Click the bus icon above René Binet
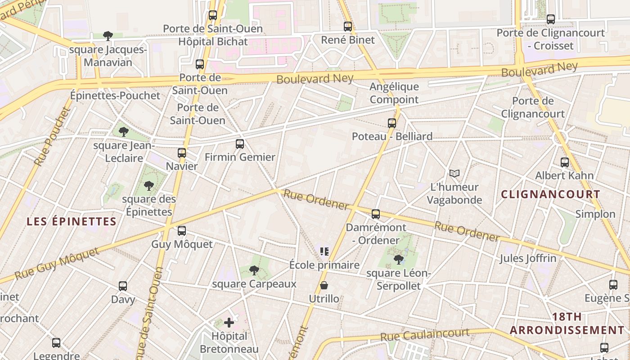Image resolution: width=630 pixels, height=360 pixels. click(x=347, y=27)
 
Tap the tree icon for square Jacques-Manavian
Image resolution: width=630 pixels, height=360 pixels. click(x=108, y=36)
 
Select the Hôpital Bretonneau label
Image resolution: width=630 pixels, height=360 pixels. click(x=229, y=342)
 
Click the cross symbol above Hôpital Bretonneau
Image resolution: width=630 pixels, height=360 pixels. click(x=229, y=322)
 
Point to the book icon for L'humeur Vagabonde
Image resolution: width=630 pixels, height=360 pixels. click(x=454, y=173)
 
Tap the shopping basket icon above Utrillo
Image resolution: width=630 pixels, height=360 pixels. click(x=324, y=285)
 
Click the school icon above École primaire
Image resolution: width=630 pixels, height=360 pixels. click(x=324, y=251)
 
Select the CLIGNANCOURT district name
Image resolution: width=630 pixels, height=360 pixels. click(x=550, y=194)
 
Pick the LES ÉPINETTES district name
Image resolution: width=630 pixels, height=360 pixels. click(x=72, y=221)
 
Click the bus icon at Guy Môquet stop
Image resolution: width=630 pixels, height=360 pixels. click(x=182, y=231)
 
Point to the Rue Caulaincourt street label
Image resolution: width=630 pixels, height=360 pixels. click(x=425, y=335)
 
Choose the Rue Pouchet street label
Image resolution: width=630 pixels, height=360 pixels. click(x=52, y=136)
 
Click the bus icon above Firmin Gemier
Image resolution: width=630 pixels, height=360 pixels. click(x=240, y=144)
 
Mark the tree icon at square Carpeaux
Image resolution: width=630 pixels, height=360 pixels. click(x=254, y=270)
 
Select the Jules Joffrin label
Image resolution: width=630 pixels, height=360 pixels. click(x=528, y=258)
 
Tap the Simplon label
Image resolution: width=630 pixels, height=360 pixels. click(x=595, y=214)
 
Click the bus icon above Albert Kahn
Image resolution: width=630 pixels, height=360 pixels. click(x=565, y=162)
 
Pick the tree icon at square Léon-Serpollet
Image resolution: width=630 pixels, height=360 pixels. click(x=398, y=259)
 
